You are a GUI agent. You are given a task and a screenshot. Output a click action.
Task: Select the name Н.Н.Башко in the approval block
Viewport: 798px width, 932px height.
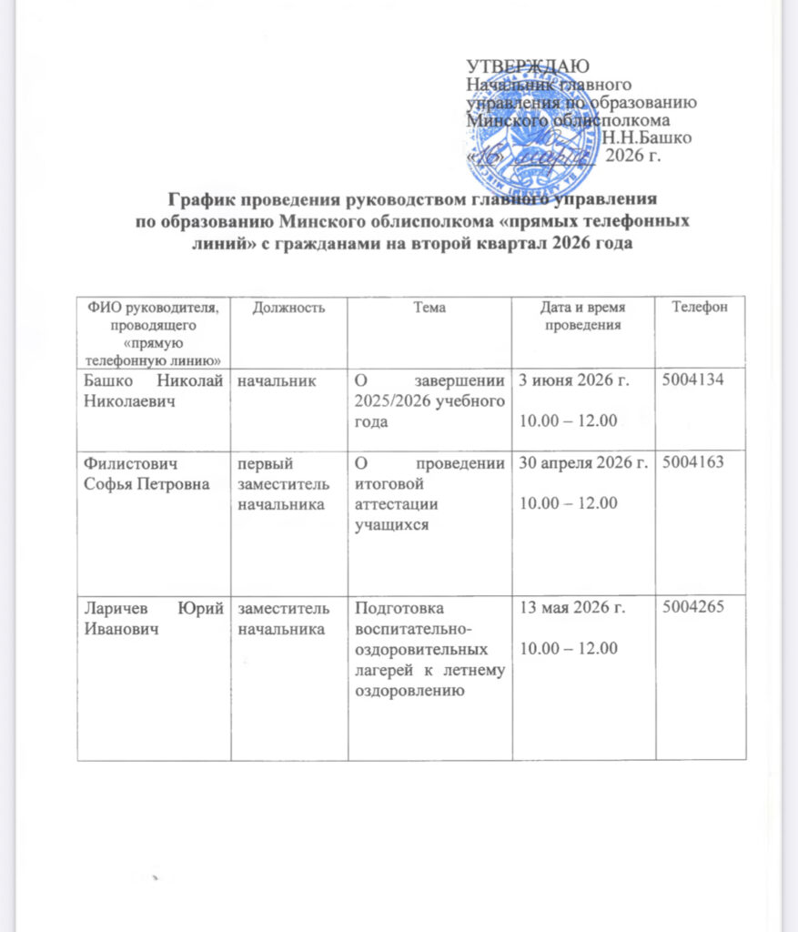click(x=645, y=138)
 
